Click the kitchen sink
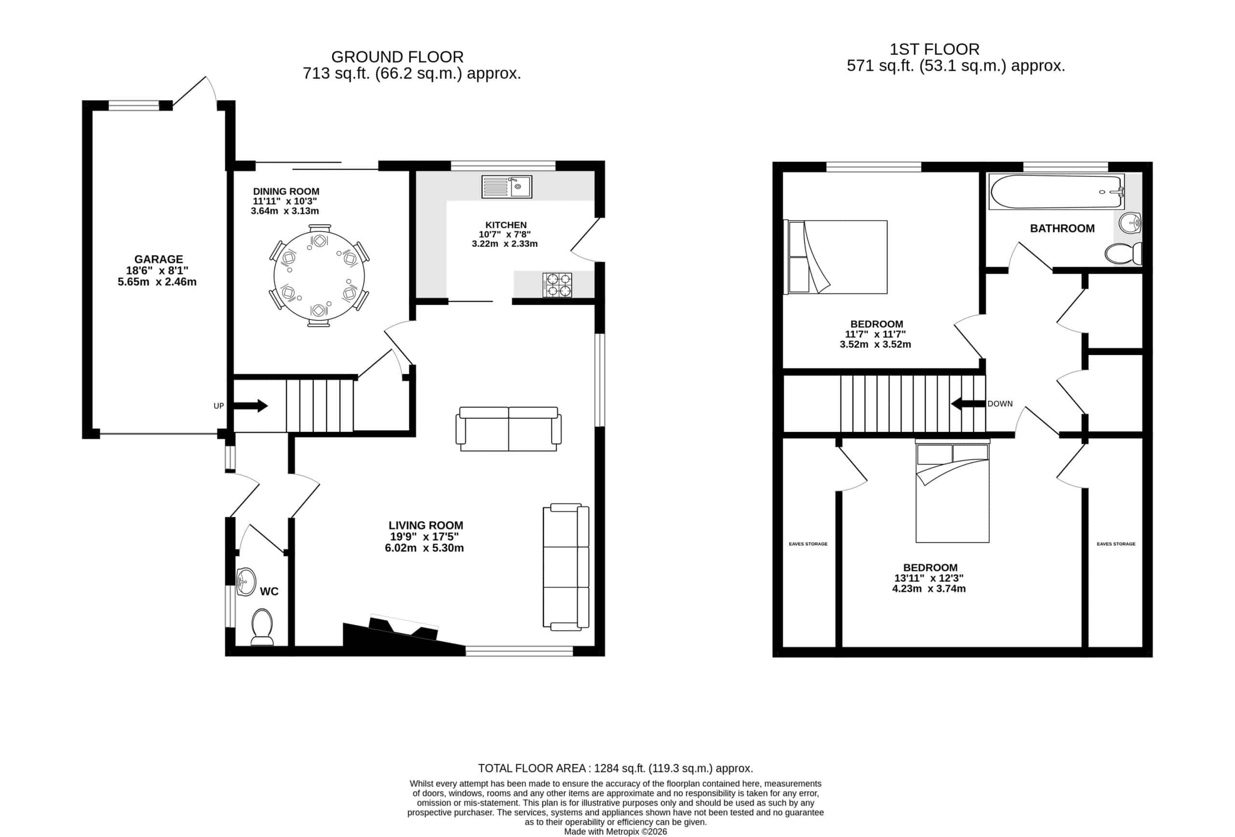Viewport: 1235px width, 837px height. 506,187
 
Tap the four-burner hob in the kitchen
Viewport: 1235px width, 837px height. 557,284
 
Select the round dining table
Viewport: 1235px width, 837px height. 319,276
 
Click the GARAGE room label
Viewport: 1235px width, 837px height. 158,259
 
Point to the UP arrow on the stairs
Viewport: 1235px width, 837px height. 250,406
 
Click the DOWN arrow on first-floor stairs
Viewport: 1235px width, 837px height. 968,404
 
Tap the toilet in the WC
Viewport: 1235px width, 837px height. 261,627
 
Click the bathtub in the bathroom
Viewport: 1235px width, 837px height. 1056,192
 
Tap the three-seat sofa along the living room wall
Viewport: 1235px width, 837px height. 565,567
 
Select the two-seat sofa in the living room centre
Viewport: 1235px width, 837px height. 508,429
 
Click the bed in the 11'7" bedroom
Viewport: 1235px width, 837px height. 836,257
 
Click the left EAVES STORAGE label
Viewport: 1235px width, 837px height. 808,544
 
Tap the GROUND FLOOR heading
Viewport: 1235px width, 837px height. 397,57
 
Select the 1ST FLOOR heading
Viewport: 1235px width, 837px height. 934,49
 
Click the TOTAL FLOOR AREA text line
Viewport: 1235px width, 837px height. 616,768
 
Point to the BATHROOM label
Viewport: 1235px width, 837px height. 1062,229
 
